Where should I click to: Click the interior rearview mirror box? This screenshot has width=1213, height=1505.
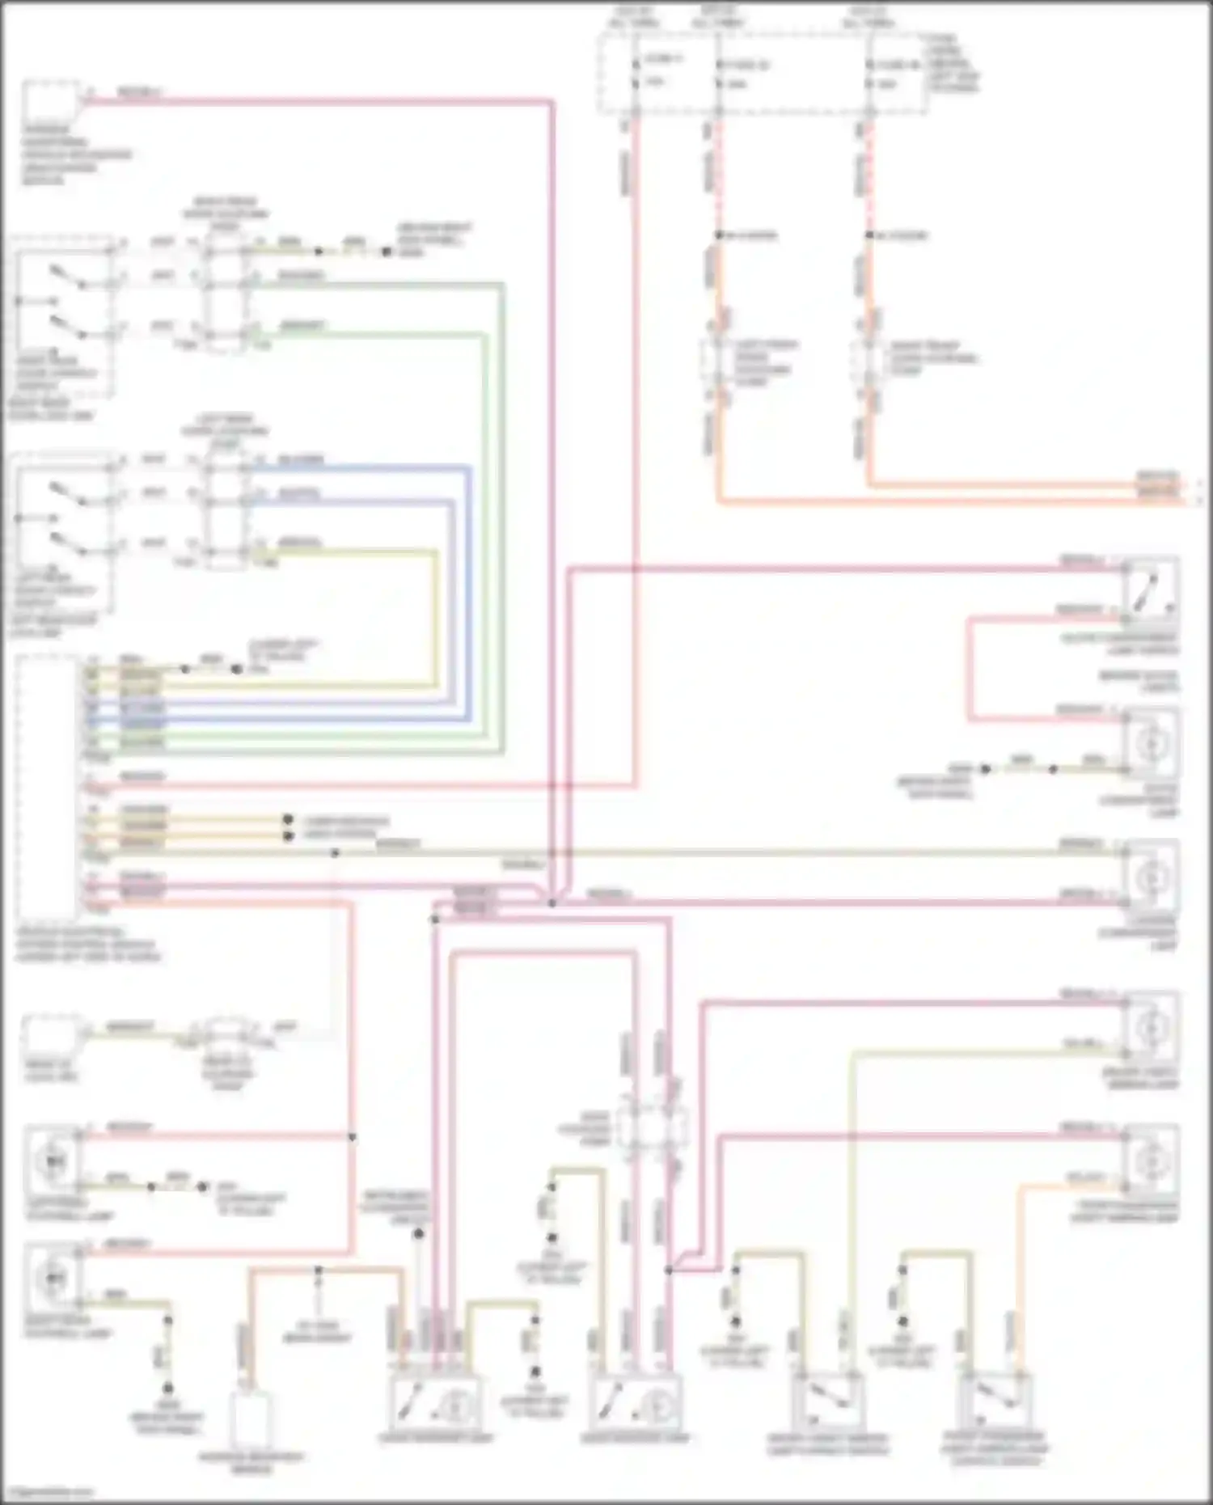point(250,1421)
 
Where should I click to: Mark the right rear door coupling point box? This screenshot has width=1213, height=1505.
point(226,295)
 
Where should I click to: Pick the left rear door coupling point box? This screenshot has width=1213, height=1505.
point(226,509)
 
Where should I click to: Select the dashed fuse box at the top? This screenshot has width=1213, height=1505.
point(760,73)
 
